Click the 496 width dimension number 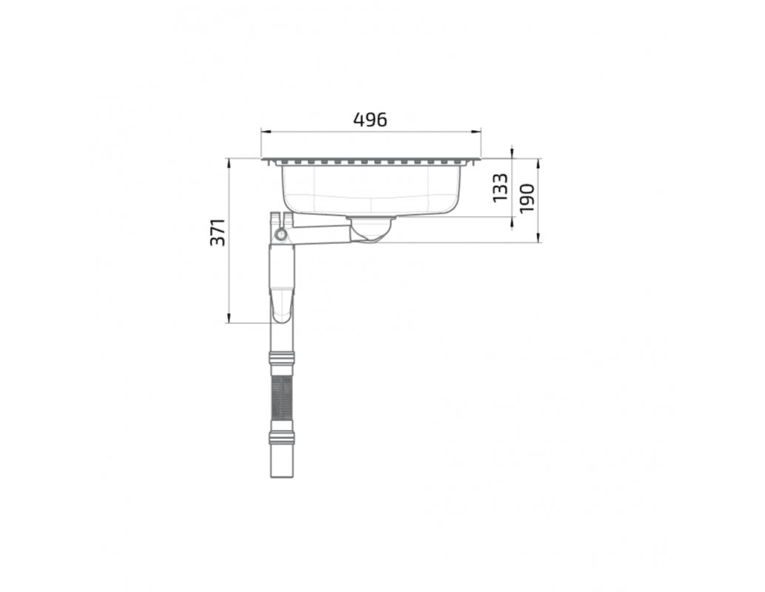click(x=370, y=120)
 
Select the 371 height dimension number click(x=218, y=232)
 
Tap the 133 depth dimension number click(x=501, y=188)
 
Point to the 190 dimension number click(x=528, y=198)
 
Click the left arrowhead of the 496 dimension click(x=264, y=131)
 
